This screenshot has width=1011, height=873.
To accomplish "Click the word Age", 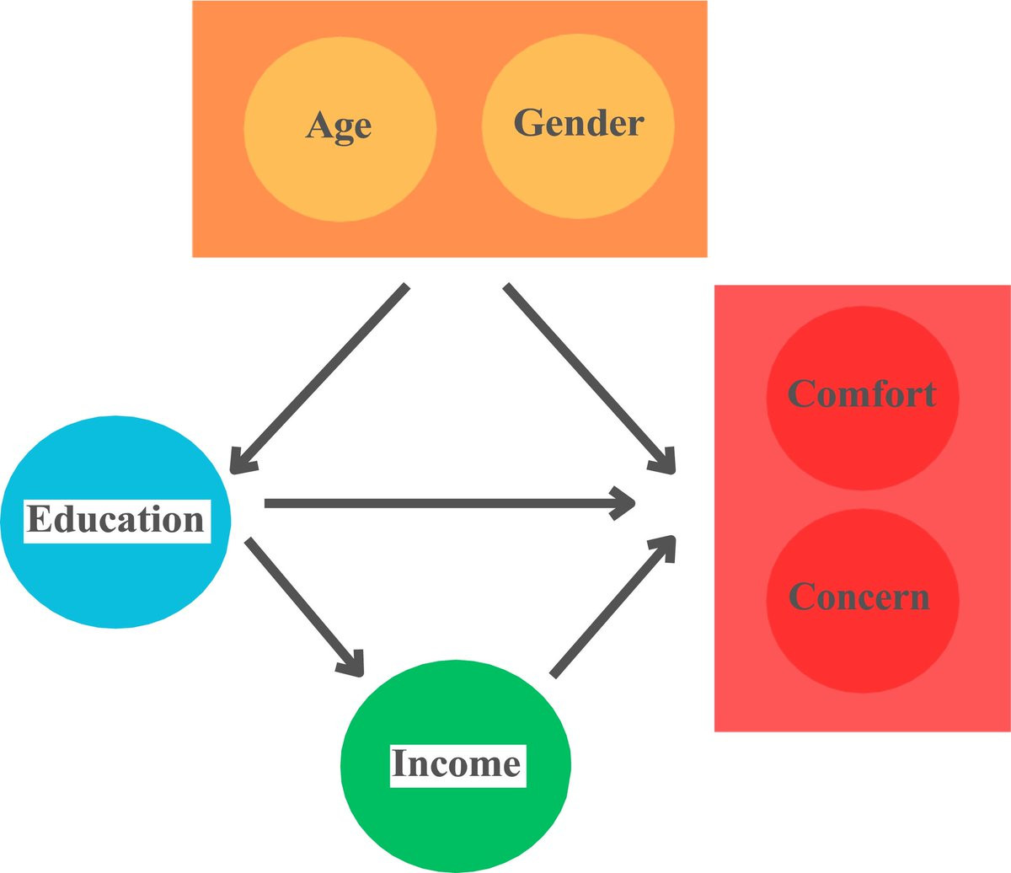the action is pyautogui.click(x=339, y=126).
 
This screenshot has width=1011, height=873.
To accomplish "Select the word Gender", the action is pyautogui.click(x=579, y=122).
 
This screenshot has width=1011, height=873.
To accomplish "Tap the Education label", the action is pyautogui.click(x=117, y=521).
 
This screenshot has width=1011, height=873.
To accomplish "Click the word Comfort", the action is pyautogui.click(x=862, y=394).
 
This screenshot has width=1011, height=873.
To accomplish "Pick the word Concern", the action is pyautogui.click(x=859, y=597).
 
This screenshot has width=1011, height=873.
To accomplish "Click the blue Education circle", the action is pyautogui.click(x=116, y=522).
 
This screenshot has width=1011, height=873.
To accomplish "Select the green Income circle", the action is pyautogui.click(x=456, y=766).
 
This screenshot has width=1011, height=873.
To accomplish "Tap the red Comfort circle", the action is pyautogui.click(x=863, y=398).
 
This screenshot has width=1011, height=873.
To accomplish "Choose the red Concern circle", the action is pyautogui.click(x=863, y=601).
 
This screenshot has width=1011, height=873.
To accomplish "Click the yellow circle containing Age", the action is pyautogui.click(x=340, y=129).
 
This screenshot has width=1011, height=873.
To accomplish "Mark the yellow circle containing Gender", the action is pyautogui.click(x=578, y=126).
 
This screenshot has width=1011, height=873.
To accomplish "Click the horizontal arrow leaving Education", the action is pyautogui.click(x=450, y=503).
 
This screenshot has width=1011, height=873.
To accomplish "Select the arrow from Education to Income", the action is pyautogui.click(x=305, y=607).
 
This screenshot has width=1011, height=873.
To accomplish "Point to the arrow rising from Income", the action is pyautogui.click(x=612, y=607).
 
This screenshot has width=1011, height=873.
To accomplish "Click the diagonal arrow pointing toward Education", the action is pyautogui.click(x=320, y=378).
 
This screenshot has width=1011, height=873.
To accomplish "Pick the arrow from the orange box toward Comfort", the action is pyautogui.click(x=590, y=378).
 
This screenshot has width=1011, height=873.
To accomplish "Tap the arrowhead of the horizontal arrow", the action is pyautogui.click(x=623, y=503).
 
